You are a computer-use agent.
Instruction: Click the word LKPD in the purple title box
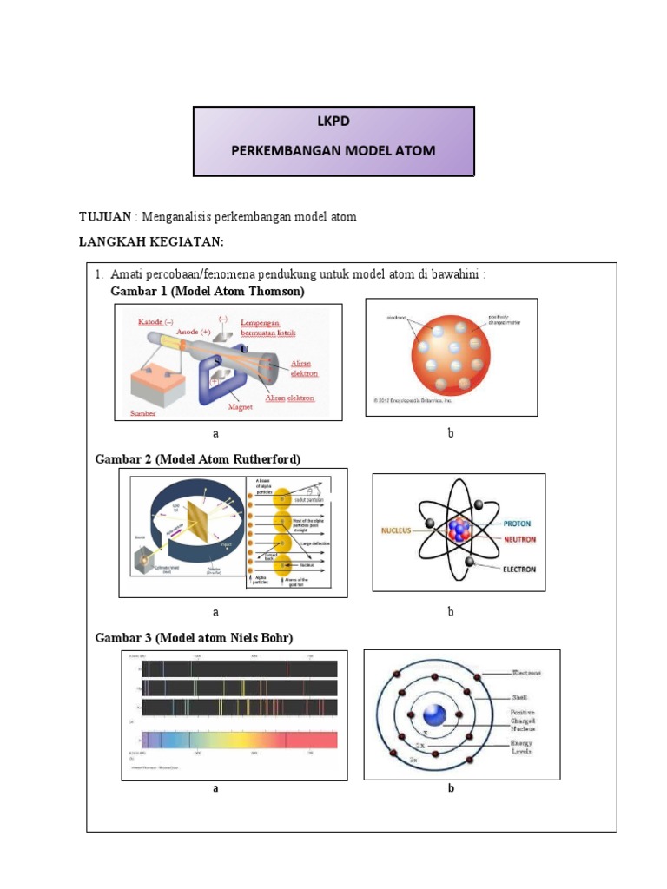tap(333, 122)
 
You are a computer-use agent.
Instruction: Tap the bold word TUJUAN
tap(104, 216)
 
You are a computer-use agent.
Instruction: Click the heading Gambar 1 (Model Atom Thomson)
tap(208, 292)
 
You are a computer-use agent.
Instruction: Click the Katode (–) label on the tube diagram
tap(156, 321)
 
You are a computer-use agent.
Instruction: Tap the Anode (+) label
tap(194, 332)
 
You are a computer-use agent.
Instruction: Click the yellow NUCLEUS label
tap(398, 529)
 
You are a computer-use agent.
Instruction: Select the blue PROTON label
tap(517, 524)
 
